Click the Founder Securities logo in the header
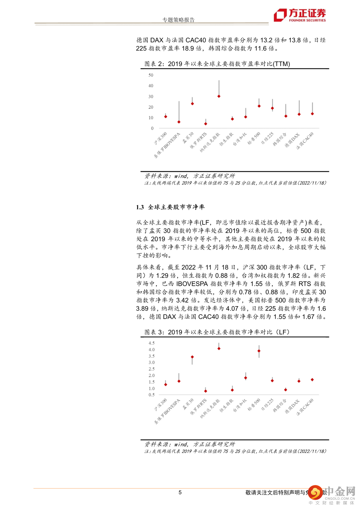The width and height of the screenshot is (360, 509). click(299, 15)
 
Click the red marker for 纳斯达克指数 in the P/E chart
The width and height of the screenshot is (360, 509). click(219, 96)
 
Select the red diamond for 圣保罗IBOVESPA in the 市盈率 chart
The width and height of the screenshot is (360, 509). click(179, 122)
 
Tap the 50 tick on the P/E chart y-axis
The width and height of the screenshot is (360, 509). click(151, 75)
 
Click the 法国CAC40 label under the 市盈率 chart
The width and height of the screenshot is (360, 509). click(305, 140)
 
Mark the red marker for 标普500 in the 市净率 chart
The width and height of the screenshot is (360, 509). click(259, 351)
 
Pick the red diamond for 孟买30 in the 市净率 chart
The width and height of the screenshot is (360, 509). click(192, 357)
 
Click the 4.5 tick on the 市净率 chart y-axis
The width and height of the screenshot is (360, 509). click(152, 343)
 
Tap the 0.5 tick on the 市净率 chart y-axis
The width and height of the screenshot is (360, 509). click(152, 395)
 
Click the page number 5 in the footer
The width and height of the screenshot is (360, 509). click(180, 492)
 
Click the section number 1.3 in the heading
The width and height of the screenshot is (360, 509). click(140, 207)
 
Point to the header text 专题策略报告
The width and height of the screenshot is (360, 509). click(178, 20)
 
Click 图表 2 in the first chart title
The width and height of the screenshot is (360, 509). click(154, 64)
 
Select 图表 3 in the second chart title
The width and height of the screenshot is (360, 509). click(154, 332)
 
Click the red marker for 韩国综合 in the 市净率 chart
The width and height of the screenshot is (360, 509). click(286, 389)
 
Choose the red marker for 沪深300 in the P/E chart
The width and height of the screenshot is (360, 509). click(166, 117)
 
